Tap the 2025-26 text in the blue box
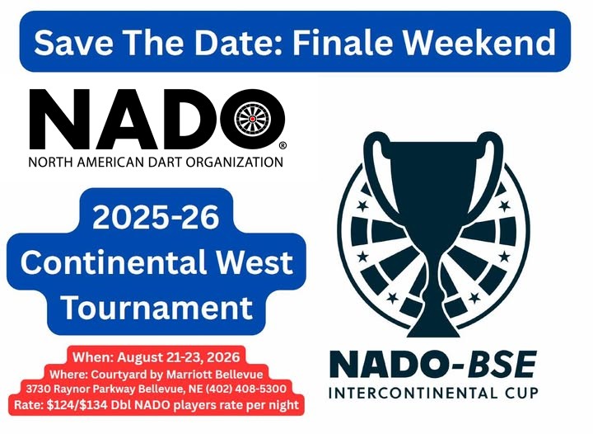[156, 218]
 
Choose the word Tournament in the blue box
[156, 307]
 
